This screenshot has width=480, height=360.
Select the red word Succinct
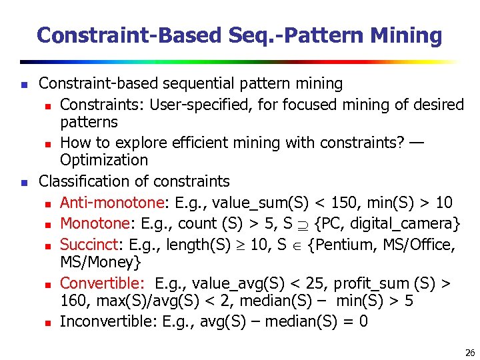tap(87, 245)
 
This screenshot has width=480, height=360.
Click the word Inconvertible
tap(107, 321)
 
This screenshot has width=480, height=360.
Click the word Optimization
tap(104, 160)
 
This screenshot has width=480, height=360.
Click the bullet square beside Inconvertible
tap(48, 323)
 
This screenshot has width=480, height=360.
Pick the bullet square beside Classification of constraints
tap(23, 182)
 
